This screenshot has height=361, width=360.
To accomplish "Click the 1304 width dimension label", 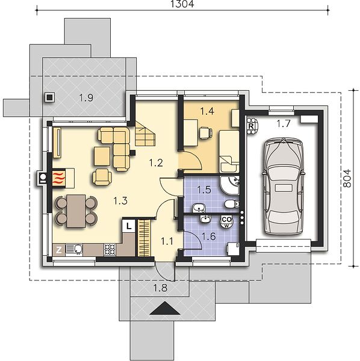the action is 182,4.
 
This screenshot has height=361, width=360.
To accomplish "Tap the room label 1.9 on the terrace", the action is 86,97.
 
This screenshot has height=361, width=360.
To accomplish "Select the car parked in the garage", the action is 283,187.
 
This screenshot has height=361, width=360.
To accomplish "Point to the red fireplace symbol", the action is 59,177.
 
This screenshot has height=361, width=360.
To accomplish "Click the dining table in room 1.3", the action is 76,211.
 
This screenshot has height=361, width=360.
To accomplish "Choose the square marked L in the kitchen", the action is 128,226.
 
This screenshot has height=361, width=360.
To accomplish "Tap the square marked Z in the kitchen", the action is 59,250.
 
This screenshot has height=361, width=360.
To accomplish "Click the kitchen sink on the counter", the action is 74,250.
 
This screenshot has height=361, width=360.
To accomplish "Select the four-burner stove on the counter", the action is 110,250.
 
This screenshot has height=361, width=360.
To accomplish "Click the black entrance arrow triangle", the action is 165,308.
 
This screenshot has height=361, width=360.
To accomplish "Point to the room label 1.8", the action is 161,288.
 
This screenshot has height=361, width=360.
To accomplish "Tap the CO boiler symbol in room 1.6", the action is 227,221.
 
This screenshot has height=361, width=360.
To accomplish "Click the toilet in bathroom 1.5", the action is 232,203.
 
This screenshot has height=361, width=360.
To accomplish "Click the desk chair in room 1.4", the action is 206,133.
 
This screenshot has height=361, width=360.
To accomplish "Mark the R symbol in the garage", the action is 251,126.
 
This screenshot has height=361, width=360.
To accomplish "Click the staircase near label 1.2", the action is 145,134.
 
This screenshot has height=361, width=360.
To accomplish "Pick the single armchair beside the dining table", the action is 102,176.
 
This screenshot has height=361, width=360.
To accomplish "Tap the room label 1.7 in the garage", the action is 284,124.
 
